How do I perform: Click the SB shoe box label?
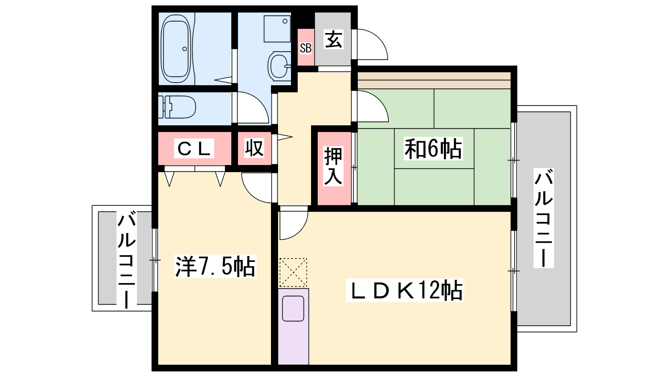pos(305,48)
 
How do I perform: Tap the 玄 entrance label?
pos(333,39)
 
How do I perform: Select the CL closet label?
pos(194,148)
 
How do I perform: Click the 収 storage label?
pos(254,148)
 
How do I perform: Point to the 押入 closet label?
pos(333,166)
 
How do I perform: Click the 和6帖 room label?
pos(433,149)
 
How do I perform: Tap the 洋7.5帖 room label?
pos(215,267)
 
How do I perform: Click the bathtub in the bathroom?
pos(175,48)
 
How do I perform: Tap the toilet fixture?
pos(177,107)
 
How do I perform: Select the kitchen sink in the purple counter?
pos(293,309)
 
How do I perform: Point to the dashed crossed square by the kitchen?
pos(293,272)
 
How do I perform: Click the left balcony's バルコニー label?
pos(127,259)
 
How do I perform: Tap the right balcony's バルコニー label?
pos(543,218)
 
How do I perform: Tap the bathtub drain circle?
pos(185,49)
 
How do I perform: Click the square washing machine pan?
pos(277,29)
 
